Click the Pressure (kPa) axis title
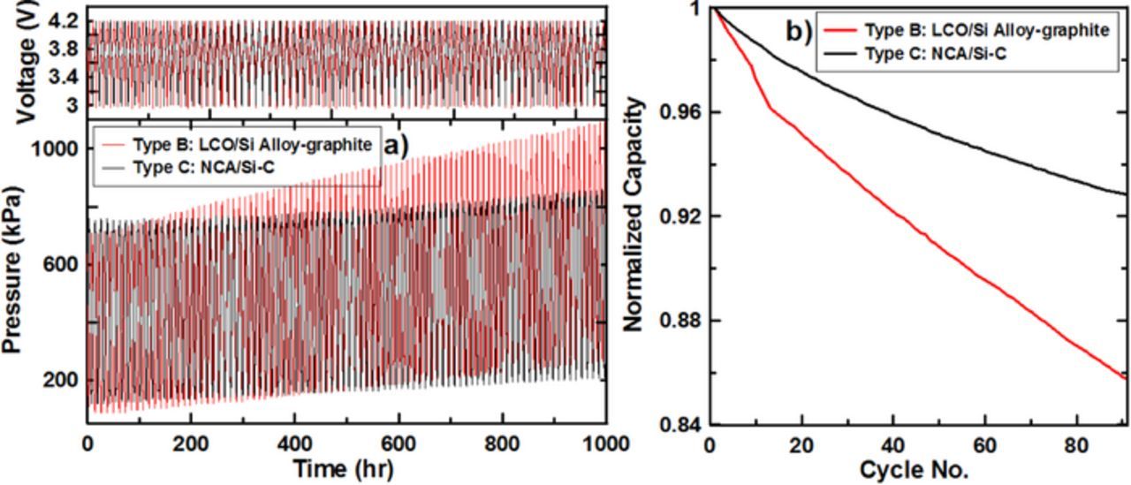(x=12, y=269)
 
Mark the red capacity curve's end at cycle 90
(x=1125, y=378)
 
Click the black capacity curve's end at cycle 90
(x=1125, y=193)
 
